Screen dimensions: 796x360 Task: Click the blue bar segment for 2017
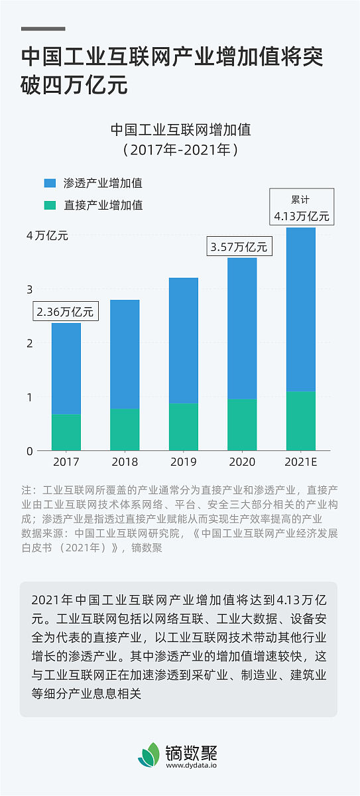pyautogui.click(x=66, y=369)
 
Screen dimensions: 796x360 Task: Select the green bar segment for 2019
pyautogui.click(x=184, y=427)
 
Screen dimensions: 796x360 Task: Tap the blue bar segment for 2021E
pyautogui.click(x=300, y=309)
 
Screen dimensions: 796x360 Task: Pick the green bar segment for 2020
pyautogui.click(x=242, y=425)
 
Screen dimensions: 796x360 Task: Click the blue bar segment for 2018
pyautogui.click(x=125, y=354)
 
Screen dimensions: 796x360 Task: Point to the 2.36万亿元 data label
pyautogui.click(x=65, y=311)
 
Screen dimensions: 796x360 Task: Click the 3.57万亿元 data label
pyautogui.click(x=239, y=247)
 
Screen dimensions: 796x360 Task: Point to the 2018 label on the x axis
pyautogui.click(x=125, y=462)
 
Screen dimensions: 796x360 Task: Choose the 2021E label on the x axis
pyautogui.click(x=301, y=462)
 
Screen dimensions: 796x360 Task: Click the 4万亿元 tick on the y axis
pyautogui.click(x=46, y=235)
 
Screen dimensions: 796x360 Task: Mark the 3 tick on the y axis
pyautogui.click(x=30, y=289)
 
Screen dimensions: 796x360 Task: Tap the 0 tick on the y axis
pyautogui.click(x=30, y=451)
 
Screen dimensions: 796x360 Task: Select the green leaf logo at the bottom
pyautogui.click(x=149, y=755)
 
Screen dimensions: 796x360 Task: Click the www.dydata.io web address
pyautogui.click(x=193, y=765)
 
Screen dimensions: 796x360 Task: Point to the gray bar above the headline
pyautogui.click(x=43, y=29)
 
